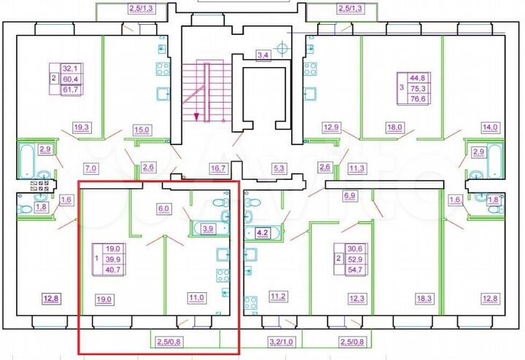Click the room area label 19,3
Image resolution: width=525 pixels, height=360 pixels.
pos(81,127)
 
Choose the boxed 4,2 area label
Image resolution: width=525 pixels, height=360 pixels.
pos(262,234)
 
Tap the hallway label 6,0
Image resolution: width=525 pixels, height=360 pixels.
pos(165,206)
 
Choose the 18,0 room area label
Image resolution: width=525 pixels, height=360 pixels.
pos(394,127)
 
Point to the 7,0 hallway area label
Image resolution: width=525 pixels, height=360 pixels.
pos(90,168)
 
